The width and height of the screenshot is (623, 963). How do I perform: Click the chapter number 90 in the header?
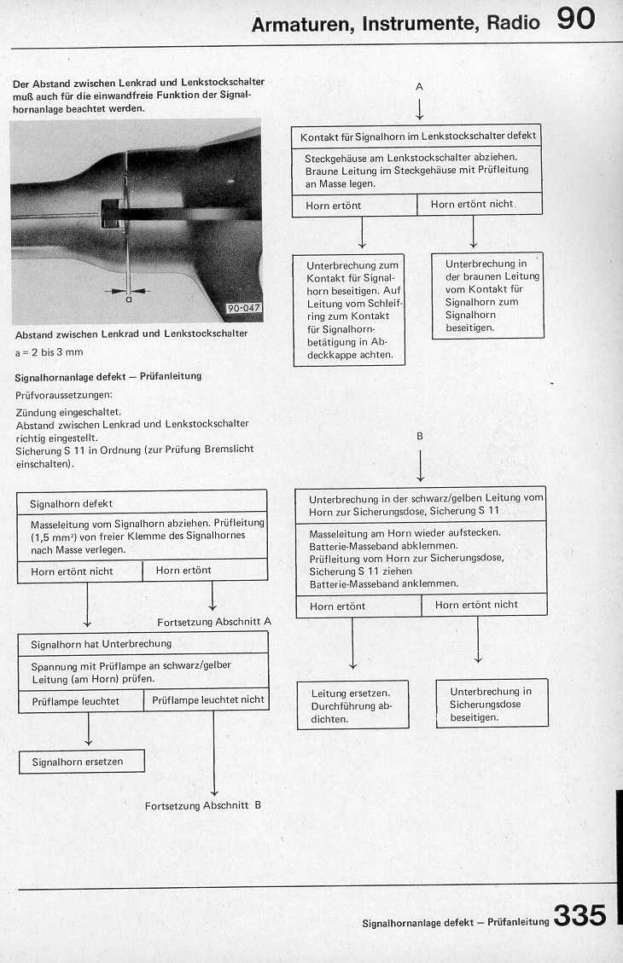tap(576, 19)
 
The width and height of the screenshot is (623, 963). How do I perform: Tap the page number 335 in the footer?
tap(579, 915)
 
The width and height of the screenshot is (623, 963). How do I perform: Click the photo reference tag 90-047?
tap(244, 309)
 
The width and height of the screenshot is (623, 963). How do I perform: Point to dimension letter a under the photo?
tap(128, 299)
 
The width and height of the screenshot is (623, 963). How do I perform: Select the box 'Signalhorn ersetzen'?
tap(81, 762)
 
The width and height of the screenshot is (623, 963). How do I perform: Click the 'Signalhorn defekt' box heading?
tap(71, 504)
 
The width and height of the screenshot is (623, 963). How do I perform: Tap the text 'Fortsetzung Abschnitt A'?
tap(214, 622)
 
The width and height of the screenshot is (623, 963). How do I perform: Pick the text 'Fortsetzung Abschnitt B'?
tap(202, 805)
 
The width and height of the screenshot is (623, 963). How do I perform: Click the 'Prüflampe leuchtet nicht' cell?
tap(207, 700)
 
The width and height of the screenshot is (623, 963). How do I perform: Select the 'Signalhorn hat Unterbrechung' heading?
tap(101, 643)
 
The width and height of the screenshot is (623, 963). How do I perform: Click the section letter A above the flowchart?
tap(419, 86)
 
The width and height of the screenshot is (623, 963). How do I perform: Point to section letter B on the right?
tap(419, 436)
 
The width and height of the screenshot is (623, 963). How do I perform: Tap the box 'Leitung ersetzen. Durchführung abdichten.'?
tap(352, 706)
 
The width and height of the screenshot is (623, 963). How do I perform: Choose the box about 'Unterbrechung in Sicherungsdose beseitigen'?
tap(491, 704)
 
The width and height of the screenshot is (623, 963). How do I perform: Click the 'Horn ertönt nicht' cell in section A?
tap(472, 205)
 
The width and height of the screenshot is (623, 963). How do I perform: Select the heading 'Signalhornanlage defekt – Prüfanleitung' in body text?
tap(108, 376)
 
